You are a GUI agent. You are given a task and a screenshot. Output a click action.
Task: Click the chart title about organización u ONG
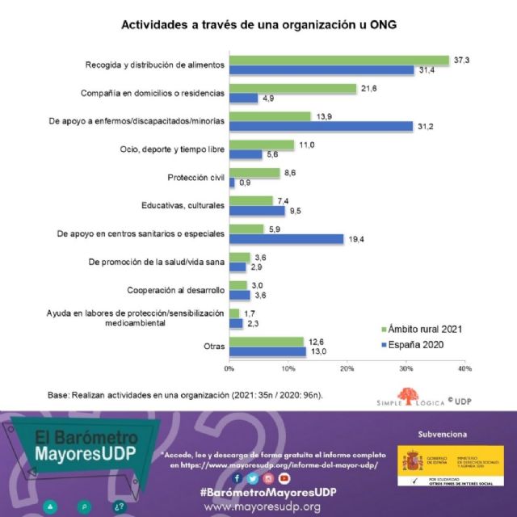(258, 25)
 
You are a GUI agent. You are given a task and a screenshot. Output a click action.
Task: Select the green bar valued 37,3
(339, 60)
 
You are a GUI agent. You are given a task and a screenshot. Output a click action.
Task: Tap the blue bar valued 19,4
(287, 239)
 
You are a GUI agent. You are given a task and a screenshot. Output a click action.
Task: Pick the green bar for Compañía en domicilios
(293, 88)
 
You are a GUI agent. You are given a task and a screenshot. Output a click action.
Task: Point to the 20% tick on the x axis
(347, 368)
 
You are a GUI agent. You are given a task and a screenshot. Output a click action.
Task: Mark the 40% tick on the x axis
(464, 368)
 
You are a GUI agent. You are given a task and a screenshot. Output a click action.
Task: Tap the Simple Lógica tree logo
(411, 396)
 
